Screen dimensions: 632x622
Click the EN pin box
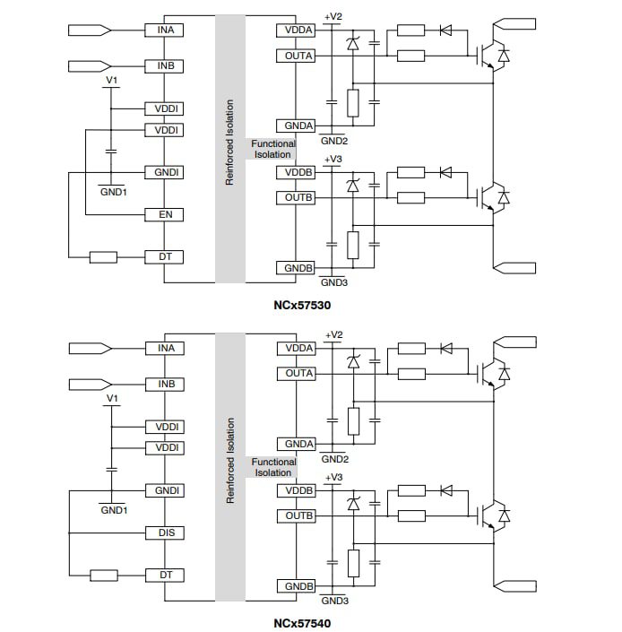point(165,215)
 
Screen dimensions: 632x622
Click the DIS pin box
point(165,533)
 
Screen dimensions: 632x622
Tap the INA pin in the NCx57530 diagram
point(165,30)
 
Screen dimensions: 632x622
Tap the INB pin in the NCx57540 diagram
point(165,385)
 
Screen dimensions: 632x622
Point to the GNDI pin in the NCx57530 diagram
point(165,172)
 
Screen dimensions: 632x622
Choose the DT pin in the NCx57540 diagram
point(165,575)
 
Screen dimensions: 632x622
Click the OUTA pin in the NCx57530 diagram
point(298,56)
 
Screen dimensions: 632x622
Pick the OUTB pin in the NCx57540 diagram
point(298,516)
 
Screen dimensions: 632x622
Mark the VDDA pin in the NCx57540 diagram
point(298,348)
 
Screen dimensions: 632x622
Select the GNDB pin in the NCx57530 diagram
point(298,268)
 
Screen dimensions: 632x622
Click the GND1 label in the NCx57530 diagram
point(113,192)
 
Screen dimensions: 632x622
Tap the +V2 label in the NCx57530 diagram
point(333,16)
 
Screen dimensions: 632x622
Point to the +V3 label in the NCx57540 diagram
point(333,477)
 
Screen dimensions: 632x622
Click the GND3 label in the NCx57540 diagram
point(334,601)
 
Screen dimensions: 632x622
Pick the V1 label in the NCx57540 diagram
point(112,397)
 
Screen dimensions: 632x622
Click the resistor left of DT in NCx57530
point(103,258)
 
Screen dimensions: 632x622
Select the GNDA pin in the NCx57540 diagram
point(298,445)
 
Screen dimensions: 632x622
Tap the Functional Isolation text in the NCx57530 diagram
point(272,149)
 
